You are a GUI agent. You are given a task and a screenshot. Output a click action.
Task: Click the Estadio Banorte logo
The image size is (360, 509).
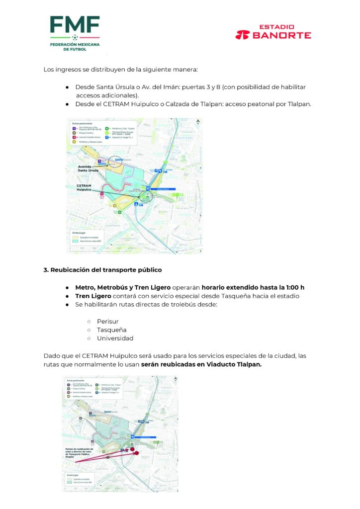(273, 32)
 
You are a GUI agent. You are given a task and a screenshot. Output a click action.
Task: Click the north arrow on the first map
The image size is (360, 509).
(198, 122)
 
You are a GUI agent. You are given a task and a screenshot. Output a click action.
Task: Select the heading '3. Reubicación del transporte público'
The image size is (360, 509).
(102, 270)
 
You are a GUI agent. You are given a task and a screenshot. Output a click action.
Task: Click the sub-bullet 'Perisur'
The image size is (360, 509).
(107, 321)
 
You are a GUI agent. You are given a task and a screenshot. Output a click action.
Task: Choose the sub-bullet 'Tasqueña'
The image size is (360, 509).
(111, 330)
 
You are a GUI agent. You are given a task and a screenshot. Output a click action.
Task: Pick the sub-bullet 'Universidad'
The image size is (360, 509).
(115, 338)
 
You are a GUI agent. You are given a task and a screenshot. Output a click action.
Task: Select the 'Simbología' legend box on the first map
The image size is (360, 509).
(90, 238)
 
